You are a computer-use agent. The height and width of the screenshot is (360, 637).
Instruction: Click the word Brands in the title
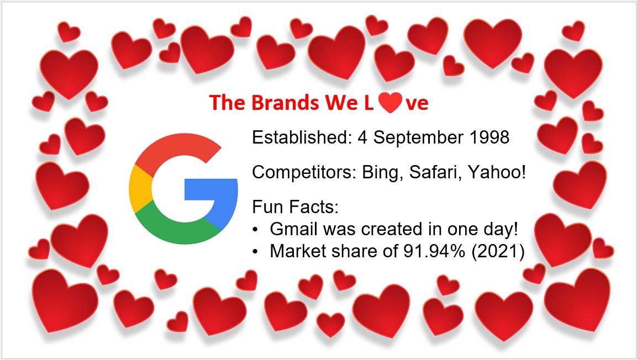tap(285, 102)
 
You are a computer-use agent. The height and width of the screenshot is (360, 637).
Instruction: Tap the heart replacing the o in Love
tap(390, 102)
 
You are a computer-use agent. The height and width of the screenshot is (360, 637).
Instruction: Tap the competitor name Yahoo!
tap(497, 172)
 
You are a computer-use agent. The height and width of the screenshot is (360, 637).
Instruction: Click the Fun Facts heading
tap(296, 207)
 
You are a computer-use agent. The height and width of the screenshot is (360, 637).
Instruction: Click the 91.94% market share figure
tap(434, 251)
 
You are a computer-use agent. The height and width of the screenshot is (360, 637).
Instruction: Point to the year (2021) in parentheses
tap(498, 252)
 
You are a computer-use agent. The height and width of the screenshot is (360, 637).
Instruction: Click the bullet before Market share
tap(255, 252)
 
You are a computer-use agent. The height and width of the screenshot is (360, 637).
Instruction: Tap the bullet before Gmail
tap(255, 230)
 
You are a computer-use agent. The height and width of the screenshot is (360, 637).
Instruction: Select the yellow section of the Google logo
tap(140, 189)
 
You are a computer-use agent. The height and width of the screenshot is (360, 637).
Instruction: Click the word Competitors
tap(304, 173)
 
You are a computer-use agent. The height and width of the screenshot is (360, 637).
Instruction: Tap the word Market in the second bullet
tap(296, 251)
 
